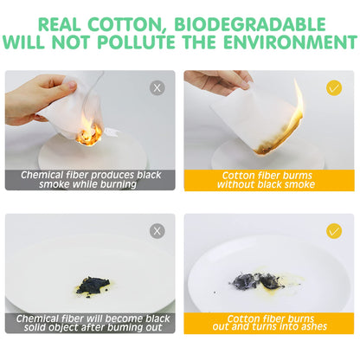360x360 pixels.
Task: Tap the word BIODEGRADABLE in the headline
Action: coord(250,24)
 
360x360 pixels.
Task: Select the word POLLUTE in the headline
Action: coord(136,42)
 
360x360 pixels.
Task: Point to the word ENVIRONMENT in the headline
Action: coord(291,42)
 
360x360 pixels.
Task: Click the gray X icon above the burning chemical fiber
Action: coord(157,87)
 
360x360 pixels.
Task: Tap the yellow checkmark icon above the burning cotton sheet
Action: coord(334,87)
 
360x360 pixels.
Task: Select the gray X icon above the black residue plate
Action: coord(157,231)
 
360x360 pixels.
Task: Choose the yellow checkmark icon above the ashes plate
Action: coord(334,231)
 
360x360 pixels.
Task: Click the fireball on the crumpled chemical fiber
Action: coord(89,135)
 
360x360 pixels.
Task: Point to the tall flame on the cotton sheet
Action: coord(297,106)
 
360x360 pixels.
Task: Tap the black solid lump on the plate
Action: coord(93,285)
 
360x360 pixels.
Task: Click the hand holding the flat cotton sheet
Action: coord(218,80)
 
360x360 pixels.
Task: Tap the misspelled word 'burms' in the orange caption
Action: coord(298,176)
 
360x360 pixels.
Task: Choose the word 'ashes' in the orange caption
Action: coord(314,326)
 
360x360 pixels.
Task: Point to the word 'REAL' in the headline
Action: coord(59,25)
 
